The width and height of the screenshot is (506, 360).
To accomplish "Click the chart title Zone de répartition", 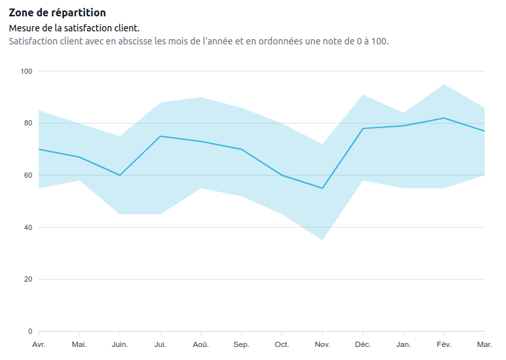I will tap(57, 13).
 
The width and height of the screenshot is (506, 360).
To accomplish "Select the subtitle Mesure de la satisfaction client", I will tap(74, 29).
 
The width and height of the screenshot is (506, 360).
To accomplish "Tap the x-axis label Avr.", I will tap(39, 344).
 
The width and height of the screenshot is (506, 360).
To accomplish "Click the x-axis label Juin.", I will tap(120, 344).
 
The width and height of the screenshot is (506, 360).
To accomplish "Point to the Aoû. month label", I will tap(201, 344).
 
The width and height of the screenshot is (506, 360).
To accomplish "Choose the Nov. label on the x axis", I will tap(322, 344).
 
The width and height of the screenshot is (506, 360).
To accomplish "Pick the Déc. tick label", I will tap(363, 344).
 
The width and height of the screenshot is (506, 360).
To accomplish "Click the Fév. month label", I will tap(444, 344).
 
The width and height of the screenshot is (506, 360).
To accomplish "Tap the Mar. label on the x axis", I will tap(484, 344).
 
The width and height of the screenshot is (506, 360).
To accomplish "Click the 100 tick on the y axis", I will tap(26, 71).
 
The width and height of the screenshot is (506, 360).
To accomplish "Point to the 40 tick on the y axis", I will tap(28, 227).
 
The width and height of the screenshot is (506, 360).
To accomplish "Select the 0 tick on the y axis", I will tap(30, 331).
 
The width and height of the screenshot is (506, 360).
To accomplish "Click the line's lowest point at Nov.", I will tap(322, 188).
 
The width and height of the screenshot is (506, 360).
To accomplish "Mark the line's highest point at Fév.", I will tap(444, 118).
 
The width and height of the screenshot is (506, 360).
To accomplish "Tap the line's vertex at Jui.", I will tap(160, 136).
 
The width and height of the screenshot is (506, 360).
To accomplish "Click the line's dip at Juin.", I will tap(120, 175).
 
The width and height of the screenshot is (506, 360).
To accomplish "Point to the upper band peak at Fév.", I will tap(444, 84).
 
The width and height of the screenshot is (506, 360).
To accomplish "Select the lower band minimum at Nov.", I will tap(322, 240).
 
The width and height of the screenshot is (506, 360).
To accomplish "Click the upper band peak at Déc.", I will tap(363, 95).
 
